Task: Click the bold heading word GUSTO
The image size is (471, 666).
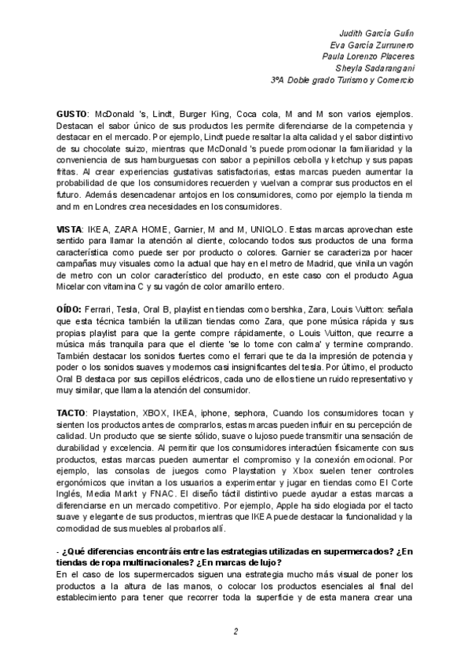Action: (75, 114)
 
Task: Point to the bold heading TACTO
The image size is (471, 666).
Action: (75, 412)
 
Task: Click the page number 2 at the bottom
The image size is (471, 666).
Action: (235, 631)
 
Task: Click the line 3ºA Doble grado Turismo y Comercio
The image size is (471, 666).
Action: (341, 79)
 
